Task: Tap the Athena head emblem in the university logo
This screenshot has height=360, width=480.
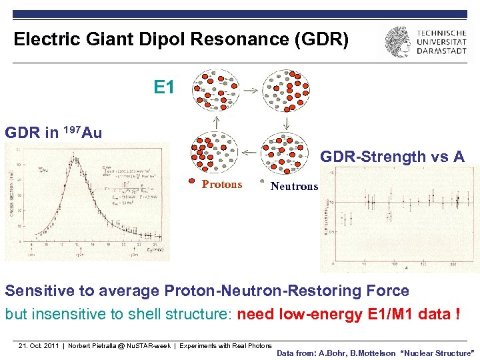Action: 398,42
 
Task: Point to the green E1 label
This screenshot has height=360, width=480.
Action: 164,87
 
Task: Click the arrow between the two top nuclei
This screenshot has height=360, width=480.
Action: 250,89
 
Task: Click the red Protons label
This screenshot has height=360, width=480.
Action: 222,185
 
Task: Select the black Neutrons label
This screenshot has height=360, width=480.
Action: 294,186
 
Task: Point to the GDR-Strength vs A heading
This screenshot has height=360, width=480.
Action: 392,157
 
